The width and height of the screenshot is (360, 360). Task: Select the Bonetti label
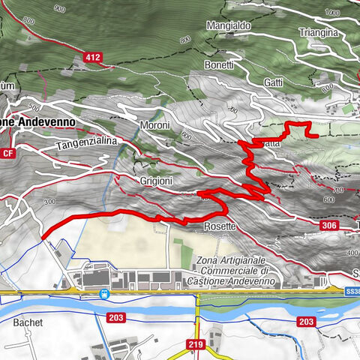220,66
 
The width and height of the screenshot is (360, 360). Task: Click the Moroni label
155,125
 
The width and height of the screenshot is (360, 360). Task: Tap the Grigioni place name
157,181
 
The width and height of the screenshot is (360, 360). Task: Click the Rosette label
220,226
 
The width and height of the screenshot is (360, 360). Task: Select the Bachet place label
28,322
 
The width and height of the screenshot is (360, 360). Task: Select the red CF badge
8,154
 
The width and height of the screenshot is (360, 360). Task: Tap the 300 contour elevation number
50,202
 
